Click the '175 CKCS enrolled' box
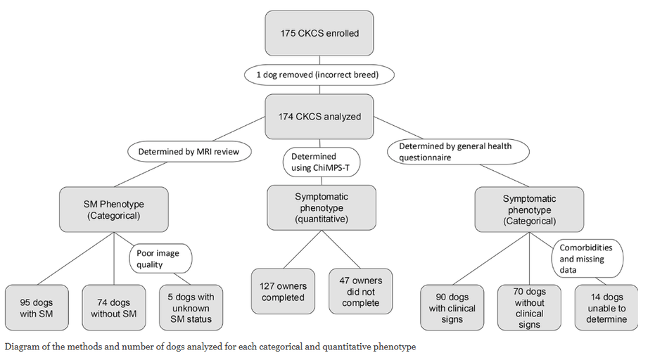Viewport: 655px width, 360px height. coord(320,33)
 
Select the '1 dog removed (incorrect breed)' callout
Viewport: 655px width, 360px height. coord(320,74)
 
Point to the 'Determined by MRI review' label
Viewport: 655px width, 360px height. coord(189,150)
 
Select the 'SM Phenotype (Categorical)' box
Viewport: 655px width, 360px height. coord(113,210)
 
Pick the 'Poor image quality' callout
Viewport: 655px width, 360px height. coord(160,258)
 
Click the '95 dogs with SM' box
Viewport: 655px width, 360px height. coord(37,308)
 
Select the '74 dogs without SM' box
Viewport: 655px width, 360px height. coord(113,308)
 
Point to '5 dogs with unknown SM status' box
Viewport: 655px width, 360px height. coord(191,308)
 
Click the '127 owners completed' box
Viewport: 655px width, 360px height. coord(281,291)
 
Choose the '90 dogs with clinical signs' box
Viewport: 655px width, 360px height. coord(452,308)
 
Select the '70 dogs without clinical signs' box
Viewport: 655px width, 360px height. coord(529,308)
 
